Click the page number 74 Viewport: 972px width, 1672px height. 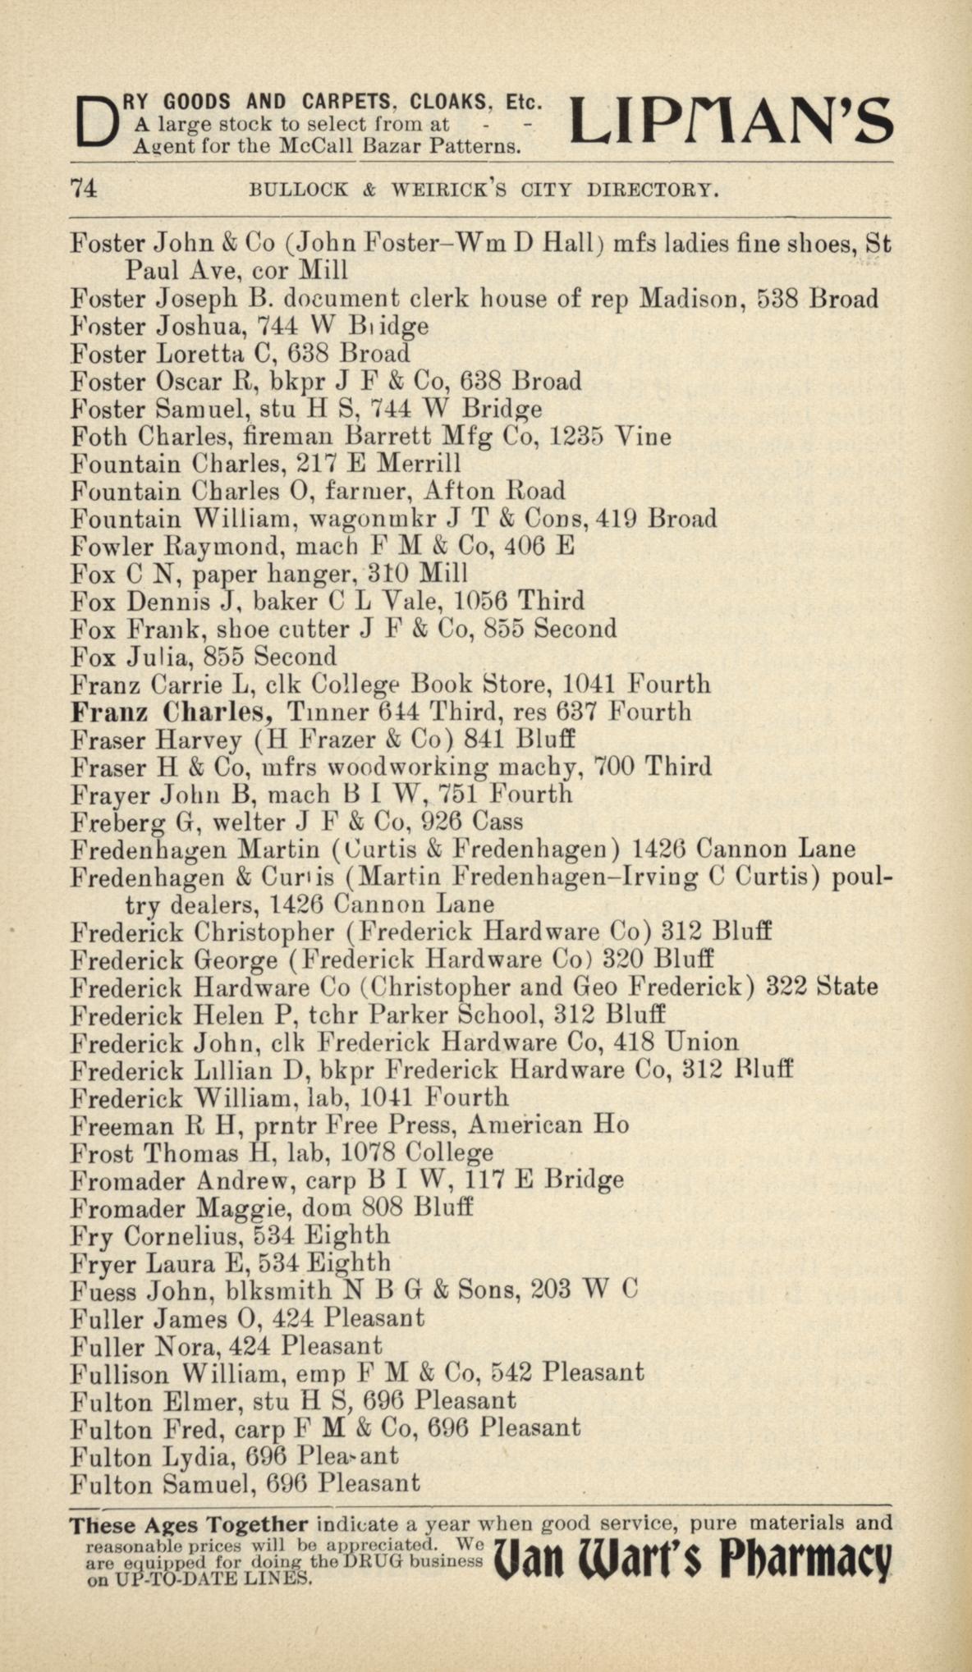(x=85, y=189)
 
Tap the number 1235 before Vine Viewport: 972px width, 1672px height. (x=575, y=437)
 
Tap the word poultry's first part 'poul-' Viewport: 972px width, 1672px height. (x=862, y=877)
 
